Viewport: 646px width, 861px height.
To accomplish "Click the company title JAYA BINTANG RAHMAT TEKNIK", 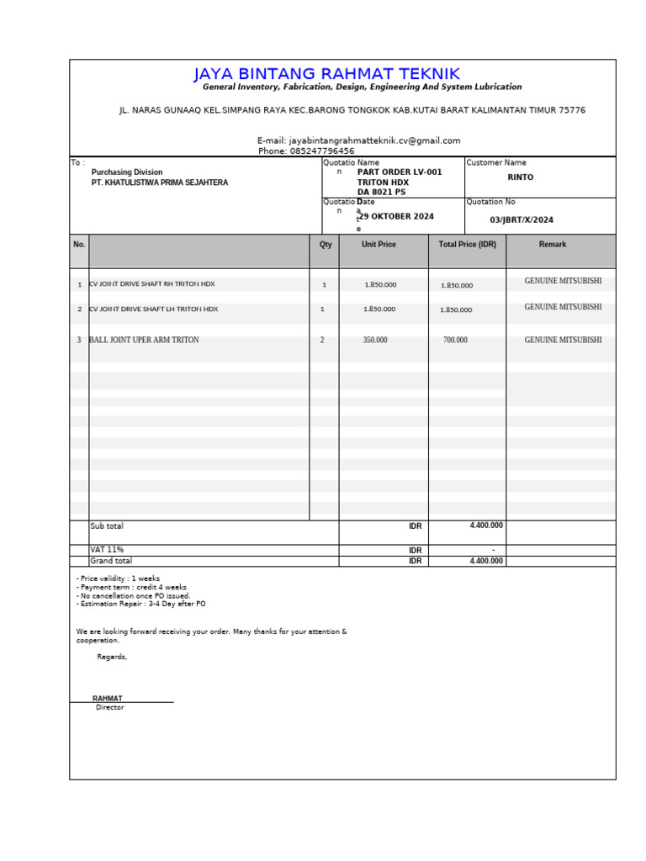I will click(326, 74).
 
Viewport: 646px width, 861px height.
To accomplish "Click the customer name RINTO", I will click(520, 177).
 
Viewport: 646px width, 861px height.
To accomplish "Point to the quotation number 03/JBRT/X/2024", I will click(522, 219).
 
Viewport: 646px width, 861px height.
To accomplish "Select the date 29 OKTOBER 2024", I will click(397, 217).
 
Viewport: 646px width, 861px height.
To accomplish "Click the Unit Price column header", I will click(379, 245).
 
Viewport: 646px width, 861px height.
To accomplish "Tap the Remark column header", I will click(553, 245).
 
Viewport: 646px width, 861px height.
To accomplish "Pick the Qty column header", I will click(326, 245).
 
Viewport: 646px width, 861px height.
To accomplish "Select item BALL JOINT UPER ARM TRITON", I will click(144, 341).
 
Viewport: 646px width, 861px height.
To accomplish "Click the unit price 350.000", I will click(375, 341).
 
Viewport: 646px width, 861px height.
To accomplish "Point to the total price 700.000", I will click(455, 341).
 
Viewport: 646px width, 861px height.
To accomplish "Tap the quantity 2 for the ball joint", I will click(322, 341).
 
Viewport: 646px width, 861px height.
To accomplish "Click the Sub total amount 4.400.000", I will click(485, 526).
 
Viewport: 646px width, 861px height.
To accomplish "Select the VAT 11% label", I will click(107, 550).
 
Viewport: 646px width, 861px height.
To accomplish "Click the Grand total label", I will click(111, 561).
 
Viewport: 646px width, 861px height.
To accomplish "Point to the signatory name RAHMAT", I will click(108, 699).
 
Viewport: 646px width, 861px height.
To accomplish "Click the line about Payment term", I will click(131, 587).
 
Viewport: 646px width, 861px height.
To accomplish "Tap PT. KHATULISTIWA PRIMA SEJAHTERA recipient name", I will click(159, 182).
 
